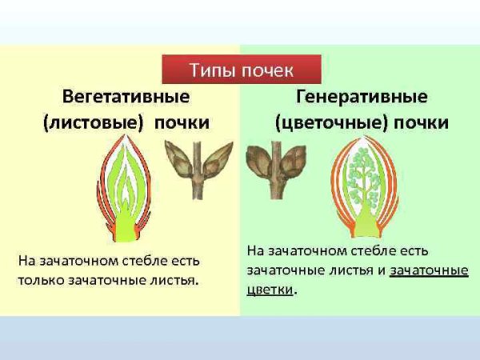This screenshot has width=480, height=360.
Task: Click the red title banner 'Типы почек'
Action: [241, 70]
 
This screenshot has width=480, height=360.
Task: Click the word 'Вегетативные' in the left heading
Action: [126, 97]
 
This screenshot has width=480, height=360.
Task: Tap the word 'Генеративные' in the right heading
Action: [362, 97]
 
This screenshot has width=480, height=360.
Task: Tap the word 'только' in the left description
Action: [45, 280]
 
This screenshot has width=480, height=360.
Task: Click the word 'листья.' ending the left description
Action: [174, 280]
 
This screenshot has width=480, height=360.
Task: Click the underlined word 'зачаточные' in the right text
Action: [429, 270]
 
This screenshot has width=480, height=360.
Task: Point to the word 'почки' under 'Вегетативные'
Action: [182, 123]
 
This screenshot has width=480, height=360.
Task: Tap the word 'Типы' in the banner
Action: [210, 70]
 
